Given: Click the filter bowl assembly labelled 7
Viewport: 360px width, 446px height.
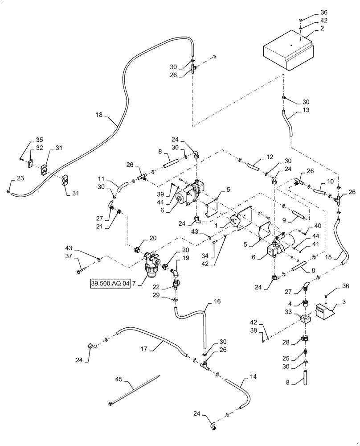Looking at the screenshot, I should [x=150, y=268].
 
